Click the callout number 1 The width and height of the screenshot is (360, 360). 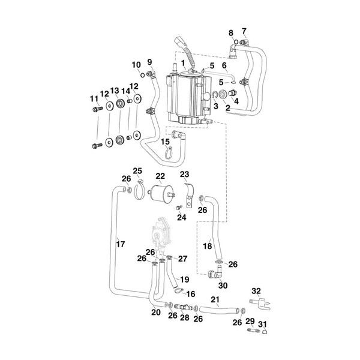tap(183, 62)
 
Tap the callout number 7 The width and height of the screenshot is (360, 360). tap(244, 31)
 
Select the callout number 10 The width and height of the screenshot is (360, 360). tap(136, 65)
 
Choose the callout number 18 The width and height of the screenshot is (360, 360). tap(208, 246)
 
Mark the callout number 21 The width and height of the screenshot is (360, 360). tap(214, 299)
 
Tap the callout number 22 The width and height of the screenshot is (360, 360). tap(160, 176)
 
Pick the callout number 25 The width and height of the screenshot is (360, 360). tap(137, 170)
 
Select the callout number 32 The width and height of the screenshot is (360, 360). tap(256, 290)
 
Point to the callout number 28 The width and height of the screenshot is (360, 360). tap(185, 317)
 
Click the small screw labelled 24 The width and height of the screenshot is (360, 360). tap(178, 208)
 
